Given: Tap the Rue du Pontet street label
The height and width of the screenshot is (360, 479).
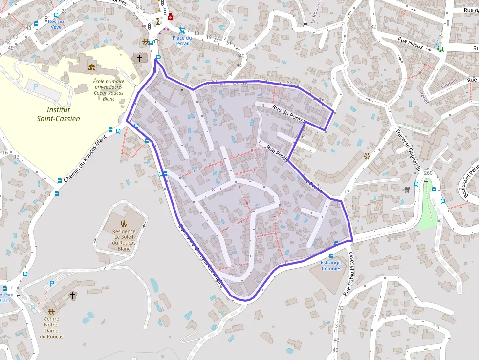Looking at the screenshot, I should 288,114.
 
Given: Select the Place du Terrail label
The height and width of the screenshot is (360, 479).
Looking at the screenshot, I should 182,41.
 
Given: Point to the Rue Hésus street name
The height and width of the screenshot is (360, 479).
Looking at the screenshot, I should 410,42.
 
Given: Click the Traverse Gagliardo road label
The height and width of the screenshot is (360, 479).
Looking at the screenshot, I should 408,149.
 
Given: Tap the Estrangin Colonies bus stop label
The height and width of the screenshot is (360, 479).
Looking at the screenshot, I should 331,265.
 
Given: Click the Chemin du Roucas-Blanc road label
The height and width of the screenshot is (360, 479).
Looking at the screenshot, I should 85,158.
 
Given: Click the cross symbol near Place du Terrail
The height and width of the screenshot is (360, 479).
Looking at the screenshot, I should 140,58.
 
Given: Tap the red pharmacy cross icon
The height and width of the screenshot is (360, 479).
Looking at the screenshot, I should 171,17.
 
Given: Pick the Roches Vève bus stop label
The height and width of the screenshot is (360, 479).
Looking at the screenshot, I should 56,24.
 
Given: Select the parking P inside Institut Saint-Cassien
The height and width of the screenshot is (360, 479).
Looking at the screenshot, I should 35,87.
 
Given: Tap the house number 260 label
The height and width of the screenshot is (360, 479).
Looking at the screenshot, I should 428,173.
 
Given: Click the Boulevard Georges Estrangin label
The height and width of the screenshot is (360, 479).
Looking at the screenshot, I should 200,254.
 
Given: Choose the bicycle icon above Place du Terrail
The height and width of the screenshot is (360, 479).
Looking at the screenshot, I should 182,30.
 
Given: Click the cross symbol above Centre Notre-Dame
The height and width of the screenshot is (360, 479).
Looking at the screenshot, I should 73,295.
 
